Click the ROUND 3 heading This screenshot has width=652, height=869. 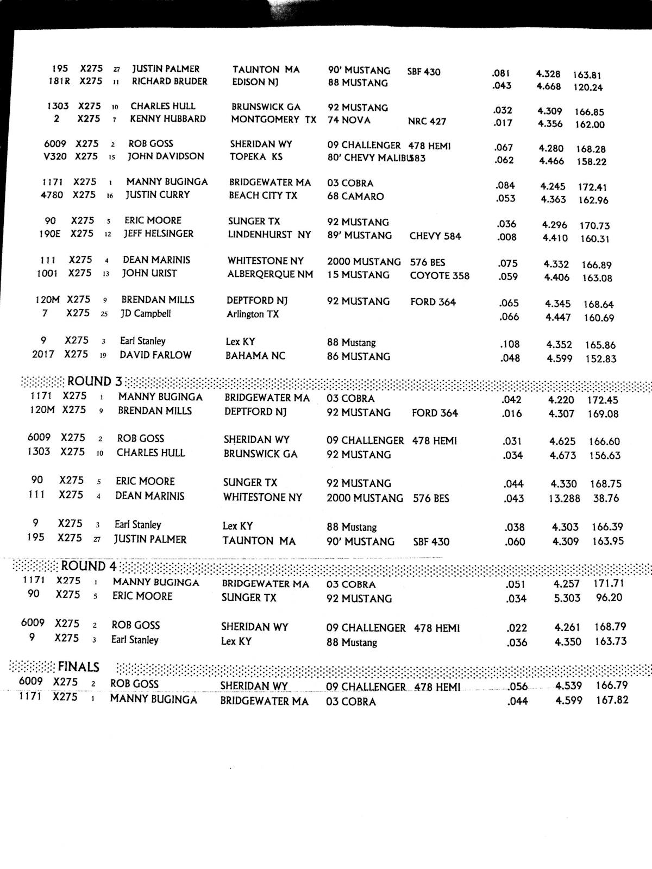tap(95, 381)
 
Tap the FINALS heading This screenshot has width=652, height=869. tap(79, 667)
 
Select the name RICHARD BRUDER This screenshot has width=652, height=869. tap(170, 81)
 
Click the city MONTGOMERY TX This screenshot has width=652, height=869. tap(273, 119)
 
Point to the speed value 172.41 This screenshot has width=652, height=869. tap(592, 187)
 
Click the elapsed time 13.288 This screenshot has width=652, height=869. tap(564, 498)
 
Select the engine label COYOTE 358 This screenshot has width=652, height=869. tap(440, 275)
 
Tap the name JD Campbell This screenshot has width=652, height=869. tap(146, 313)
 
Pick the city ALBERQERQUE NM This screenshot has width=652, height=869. tap(270, 274)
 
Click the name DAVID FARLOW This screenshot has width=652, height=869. tap(155, 355)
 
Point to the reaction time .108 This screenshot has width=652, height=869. tap(510, 344)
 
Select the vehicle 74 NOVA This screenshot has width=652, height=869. tap(349, 120)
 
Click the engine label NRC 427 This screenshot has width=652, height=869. tap(427, 121)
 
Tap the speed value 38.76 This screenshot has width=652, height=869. tap(606, 498)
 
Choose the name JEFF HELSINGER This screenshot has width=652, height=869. tap(158, 234)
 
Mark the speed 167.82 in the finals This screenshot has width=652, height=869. tap(612, 700)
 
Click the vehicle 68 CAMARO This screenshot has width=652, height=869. tap(355, 196)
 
